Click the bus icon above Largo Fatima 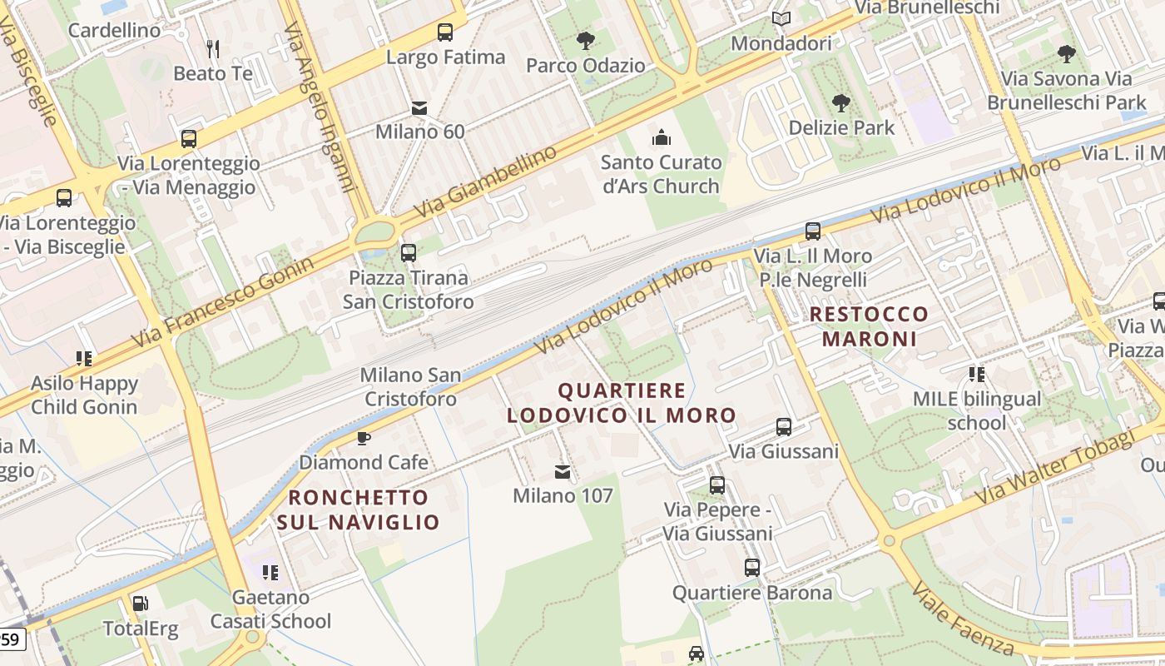(x=445, y=32)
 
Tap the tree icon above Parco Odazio (x=586, y=40)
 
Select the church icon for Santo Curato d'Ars (x=662, y=137)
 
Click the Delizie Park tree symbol (x=841, y=103)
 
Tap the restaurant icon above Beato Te (x=213, y=49)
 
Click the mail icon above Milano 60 (x=419, y=108)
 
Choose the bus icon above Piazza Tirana (x=408, y=253)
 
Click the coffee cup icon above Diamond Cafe (x=364, y=438)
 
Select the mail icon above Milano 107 (x=563, y=472)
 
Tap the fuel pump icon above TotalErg (x=140, y=604)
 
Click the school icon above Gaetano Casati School (x=270, y=573)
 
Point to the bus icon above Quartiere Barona (x=752, y=568)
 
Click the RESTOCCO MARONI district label (x=869, y=326)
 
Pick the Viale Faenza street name (x=962, y=619)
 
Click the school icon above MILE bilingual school (x=977, y=375)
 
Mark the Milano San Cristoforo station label (x=410, y=387)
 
